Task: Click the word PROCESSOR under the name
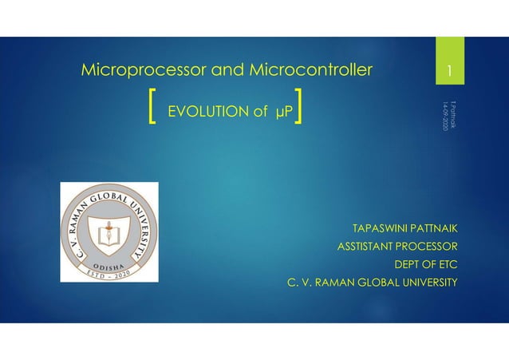pyautogui.click(x=430, y=247)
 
